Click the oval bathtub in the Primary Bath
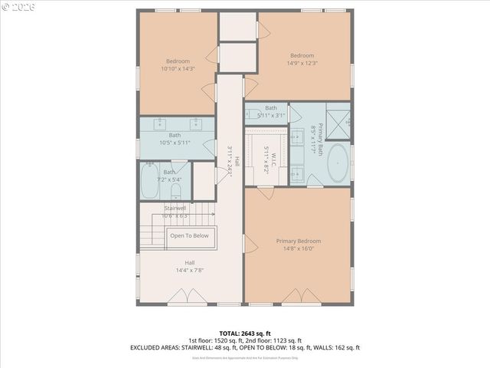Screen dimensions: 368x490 (337, 166)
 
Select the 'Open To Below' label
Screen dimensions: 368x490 (189, 236)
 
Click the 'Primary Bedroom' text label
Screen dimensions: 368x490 (299, 240)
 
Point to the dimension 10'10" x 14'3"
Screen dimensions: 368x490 (178, 69)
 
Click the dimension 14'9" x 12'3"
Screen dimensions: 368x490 (302, 63)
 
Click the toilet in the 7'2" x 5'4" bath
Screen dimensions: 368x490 (175, 189)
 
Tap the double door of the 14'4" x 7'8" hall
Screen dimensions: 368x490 (183, 297)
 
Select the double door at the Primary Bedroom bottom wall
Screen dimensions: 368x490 (298, 296)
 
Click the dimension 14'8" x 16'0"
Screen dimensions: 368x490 (299, 248)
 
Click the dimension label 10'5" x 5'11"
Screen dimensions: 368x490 (175, 143)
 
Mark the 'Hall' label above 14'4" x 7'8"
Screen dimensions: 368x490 (188, 262)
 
